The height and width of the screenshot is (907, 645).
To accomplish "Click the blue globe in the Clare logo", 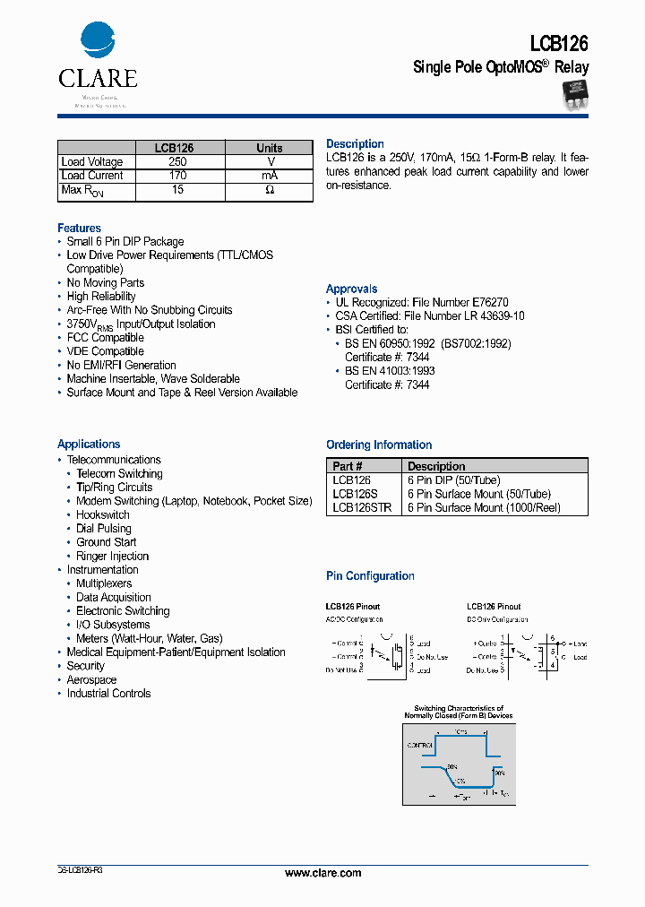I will (98, 41).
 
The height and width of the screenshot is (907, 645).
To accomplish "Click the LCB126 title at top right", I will (559, 43).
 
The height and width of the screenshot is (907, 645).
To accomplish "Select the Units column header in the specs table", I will (269, 148).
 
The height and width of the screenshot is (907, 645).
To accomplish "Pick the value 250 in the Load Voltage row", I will (177, 162).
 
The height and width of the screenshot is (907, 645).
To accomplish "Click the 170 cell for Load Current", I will (177, 176).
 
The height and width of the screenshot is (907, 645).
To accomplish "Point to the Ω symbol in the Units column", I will (269, 190).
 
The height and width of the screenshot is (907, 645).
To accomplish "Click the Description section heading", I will (355, 144).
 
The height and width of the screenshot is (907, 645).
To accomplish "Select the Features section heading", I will (79, 229).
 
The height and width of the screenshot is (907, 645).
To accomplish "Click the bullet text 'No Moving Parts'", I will (105, 283).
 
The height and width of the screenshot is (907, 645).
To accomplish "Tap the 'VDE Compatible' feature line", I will (105, 351).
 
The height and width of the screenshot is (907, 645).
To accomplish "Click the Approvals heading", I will (351, 289).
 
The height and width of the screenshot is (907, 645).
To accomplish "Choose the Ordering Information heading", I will (379, 445).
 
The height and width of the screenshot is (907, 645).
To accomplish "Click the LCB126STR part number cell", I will (361, 507).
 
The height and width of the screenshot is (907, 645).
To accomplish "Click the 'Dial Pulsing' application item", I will (104, 529).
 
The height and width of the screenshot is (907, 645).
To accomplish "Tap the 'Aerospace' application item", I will (91, 680).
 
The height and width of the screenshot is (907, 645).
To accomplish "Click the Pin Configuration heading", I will (370, 576).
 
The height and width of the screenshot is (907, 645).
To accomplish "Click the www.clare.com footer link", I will (322, 873).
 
